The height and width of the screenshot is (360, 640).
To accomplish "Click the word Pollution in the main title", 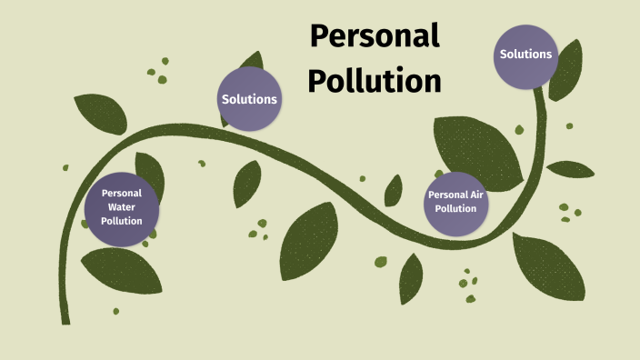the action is [374, 80].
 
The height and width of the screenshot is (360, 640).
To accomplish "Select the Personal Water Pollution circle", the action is [122, 208].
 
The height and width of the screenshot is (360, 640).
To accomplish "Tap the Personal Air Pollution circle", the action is [455, 202].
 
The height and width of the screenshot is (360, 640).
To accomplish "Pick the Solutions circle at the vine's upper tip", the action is [525, 55].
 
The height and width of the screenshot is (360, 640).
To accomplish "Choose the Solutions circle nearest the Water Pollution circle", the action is [249, 99].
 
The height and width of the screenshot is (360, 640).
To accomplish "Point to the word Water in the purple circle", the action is [122, 207].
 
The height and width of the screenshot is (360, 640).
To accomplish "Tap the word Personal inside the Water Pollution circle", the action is [122, 193].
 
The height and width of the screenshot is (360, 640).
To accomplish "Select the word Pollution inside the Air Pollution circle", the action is [455, 209].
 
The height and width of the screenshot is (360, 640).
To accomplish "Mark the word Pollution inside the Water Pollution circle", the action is [122, 221].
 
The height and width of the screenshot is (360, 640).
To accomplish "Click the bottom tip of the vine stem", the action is [65, 319].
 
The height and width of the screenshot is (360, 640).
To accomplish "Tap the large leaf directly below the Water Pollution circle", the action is [121, 274].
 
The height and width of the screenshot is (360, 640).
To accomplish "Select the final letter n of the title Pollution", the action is [432, 82].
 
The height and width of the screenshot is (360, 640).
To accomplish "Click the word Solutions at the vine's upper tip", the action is [525, 55].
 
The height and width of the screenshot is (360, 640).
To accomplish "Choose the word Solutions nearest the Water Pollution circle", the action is [249, 99].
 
